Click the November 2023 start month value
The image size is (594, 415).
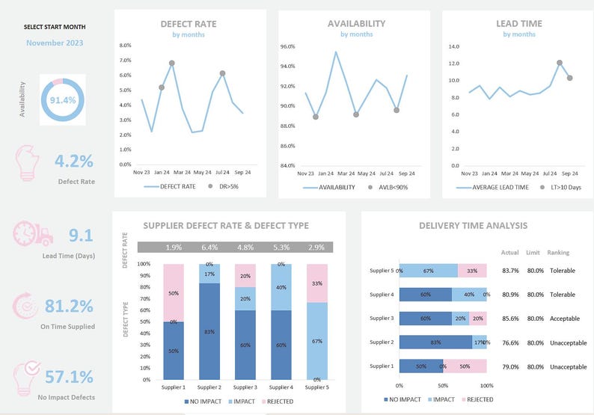tap(55, 43)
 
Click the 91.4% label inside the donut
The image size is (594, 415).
tap(63, 99)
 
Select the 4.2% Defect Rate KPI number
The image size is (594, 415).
tap(73, 161)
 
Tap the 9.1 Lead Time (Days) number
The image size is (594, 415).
tap(80, 236)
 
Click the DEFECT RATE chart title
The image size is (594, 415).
tap(189, 24)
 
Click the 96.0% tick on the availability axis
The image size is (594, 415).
tap(287, 46)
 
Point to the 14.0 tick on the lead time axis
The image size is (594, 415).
tap(453, 46)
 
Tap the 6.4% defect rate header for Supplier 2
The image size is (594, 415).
tap(209, 248)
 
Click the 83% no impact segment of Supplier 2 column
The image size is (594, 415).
tap(209, 331)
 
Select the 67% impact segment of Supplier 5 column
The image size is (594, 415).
tap(316, 340)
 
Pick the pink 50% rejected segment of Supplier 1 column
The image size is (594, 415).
tap(174, 293)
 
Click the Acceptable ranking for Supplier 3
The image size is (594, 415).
tap(564, 319)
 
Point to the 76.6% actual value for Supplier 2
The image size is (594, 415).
tap(510, 342)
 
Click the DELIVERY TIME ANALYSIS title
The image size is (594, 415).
tap(473, 226)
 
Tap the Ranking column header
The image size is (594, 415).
tap(558, 253)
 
